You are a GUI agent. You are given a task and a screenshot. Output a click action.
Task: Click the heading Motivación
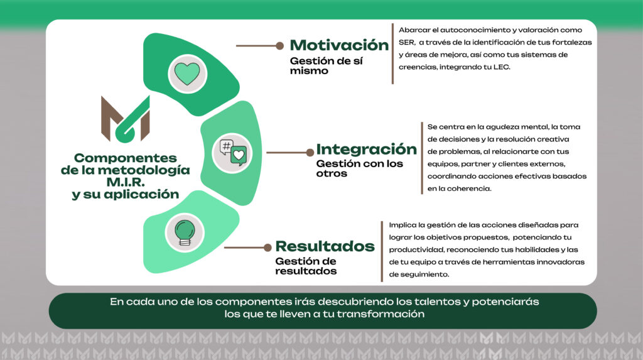click(x=339, y=45)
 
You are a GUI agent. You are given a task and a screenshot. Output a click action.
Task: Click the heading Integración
click(x=366, y=150)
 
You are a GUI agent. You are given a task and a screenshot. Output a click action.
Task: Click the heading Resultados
click(x=325, y=246)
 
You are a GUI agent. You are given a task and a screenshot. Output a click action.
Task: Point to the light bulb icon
click(x=185, y=232)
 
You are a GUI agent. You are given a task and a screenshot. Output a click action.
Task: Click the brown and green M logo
click(x=126, y=119)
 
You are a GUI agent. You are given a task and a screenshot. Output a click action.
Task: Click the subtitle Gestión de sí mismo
click(x=326, y=66)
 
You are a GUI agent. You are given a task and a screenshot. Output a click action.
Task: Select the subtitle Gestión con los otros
click(x=359, y=168)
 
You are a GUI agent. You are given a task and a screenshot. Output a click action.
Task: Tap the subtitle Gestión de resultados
click(x=306, y=266)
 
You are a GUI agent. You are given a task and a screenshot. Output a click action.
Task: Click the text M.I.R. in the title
click(x=126, y=182)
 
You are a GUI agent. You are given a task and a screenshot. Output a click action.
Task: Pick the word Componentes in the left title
click(x=126, y=158)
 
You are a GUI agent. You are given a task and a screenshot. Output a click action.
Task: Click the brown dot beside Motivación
click(x=279, y=46)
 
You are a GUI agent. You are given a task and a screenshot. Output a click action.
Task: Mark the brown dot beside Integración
click(x=310, y=153)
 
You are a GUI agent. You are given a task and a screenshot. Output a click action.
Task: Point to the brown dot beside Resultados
click(x=267, y=248)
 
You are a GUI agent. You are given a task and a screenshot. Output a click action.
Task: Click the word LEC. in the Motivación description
click(x=502, y=67)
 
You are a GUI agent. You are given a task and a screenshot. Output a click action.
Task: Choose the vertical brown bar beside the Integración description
click(x=421, y=158)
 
